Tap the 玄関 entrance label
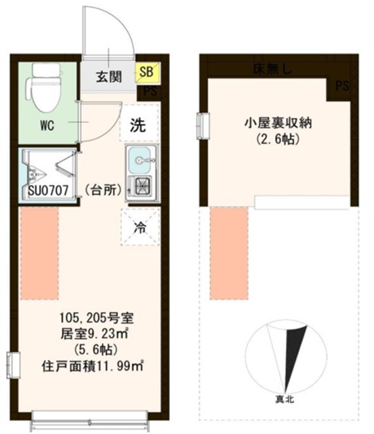(108, 77)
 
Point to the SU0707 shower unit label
(47, 191)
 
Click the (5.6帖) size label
(92, 351)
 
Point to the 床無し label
(271, 68)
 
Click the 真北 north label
(285, 400)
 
